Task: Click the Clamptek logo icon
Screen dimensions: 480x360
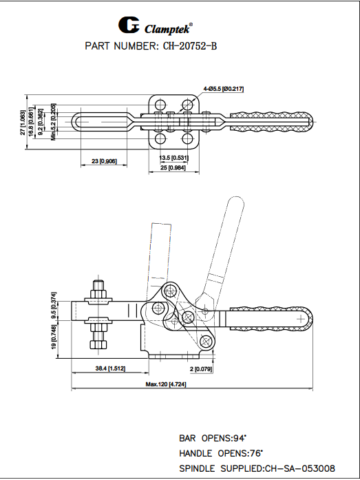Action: [x=129, y=25]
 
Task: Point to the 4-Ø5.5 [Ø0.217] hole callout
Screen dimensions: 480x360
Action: [x=224, y=89]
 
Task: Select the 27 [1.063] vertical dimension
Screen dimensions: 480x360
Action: [x=23, y=122]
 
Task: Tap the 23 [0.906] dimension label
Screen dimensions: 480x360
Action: [x=104, y=161]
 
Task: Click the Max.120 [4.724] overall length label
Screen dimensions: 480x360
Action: [x=166, y=384]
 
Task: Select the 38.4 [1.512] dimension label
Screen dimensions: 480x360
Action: [x=110, y=369]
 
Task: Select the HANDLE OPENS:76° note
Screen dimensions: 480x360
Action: [x=221, y=453]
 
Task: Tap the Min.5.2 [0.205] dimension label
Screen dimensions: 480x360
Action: [x=54, y=123]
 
